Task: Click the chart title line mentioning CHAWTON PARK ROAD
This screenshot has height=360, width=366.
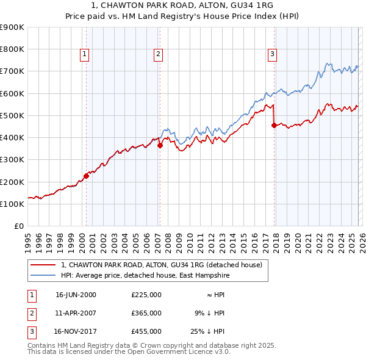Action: point(183,5)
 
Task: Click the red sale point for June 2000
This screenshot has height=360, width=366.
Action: point(86,176)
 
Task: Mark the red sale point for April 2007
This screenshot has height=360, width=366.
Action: point(160,145)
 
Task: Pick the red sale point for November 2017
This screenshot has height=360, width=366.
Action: point(274,126)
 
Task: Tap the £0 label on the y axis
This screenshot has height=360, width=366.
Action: point(18,226)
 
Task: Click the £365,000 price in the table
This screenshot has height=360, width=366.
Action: point(146,313)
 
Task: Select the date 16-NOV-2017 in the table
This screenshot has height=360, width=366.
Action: point(76,331)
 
